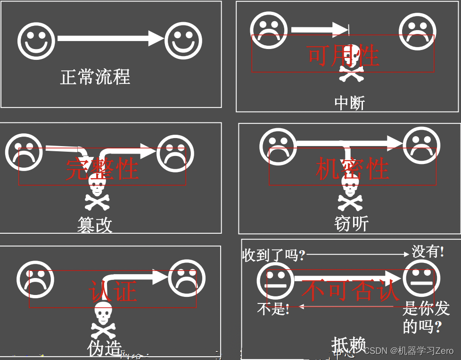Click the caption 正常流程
[95, 77]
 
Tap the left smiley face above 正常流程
[36, 41]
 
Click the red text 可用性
[343, 55]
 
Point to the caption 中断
[349, 103]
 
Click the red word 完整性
[102, 168]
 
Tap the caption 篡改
[95, 225]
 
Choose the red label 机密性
[352, 169]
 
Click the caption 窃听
[351, 223]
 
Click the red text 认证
[113, 291]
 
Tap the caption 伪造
[104, 348]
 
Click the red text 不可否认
[350, 290]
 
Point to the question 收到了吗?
[273, 255]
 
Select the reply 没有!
[428, 252]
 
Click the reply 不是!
[273, 309]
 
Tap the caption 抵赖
[348, 345]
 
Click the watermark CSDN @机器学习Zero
[409, 351]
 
